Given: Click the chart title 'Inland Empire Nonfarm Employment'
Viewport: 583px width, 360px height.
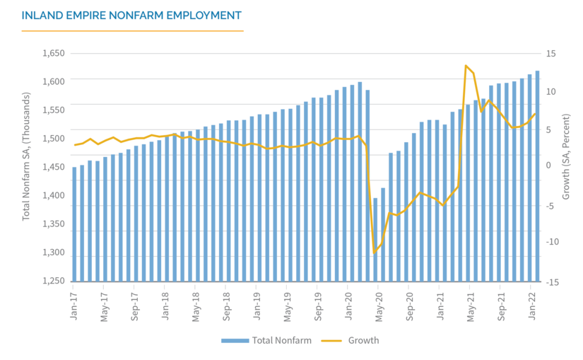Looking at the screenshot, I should click(x=131, y=15).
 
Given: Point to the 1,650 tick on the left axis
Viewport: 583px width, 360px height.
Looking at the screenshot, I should click(x=54, y=53).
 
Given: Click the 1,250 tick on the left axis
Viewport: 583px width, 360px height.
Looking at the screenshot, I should click(x=54, y=281).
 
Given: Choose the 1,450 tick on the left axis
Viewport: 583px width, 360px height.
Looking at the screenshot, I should click(x=54, y=167).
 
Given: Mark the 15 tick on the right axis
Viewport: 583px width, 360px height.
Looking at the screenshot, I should click(x=550, y=53).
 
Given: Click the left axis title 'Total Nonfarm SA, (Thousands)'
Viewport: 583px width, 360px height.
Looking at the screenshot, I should click(x=26, y=156).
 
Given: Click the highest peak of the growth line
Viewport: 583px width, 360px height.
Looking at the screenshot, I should click(x=466, y=66).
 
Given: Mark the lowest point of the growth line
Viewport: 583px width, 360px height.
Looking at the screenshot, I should click(x=375, y=253).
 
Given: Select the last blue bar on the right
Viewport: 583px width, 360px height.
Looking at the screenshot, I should click(x=537, y=175).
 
